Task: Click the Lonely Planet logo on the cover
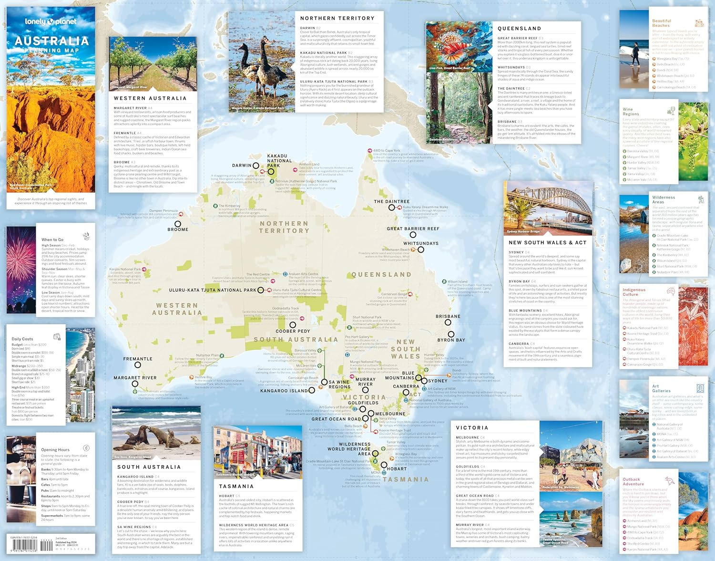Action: tap(51, 21)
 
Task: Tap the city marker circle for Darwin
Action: tap(256, 166)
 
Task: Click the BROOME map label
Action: tap(178, 229)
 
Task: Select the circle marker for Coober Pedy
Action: tap(293, 325)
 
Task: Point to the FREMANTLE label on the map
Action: tap(138, 359)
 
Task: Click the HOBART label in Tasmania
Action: tap(397, 469)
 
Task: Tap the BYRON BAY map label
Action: tap(451, 340)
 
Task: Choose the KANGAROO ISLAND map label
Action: tap(284, 391)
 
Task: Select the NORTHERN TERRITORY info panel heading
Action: tap(337, 18)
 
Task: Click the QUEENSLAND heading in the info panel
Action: tap(519, 29)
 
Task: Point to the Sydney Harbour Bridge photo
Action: tap(548, 209)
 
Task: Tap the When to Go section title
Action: tap(52, 239)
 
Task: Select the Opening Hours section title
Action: tap(55, 449)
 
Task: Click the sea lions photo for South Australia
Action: tap(156, 433)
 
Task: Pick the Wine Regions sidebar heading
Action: tap(631, 112)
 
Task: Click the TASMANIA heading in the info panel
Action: tap(236, 486)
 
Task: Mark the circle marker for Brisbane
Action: tap(448, 322)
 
